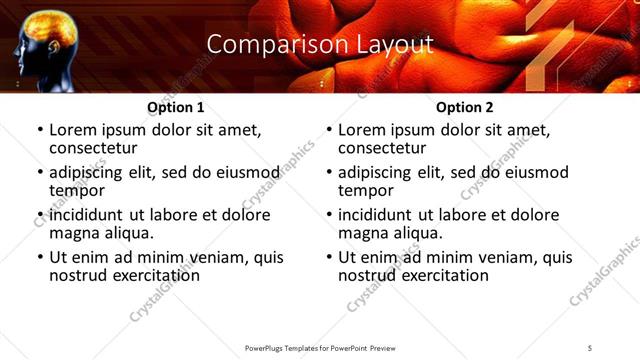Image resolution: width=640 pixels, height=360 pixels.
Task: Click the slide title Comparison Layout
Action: pyautogui.click(x=320, y=45)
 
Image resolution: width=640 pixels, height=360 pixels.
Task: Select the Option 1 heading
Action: pyautogui.click(x=175, y=107)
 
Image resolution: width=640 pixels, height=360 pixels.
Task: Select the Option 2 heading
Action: pyautogui.click(x=464, y=107)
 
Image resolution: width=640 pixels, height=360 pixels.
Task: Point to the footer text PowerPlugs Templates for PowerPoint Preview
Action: pyautogui.click(x=320, y=348)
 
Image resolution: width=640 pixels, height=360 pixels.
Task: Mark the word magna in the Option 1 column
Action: pyautogui.click(x=72, y=232)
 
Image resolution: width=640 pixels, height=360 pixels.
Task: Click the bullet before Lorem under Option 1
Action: pyautogui.click(x=39, y=130)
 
